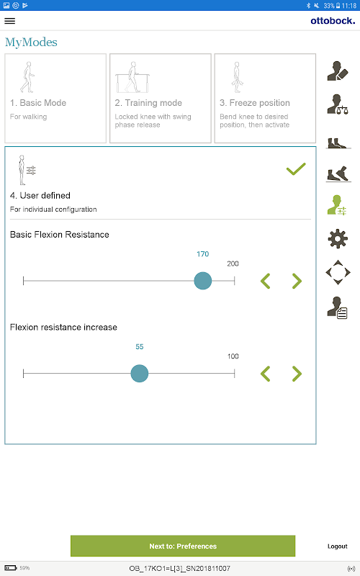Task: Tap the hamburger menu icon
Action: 10,21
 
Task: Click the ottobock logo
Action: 333,21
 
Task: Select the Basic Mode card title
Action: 38,103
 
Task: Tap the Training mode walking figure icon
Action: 132,77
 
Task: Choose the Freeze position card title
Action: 255,103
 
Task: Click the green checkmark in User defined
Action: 296,168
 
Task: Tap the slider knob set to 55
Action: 140,374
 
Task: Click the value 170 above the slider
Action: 203,254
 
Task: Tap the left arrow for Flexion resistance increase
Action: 265,374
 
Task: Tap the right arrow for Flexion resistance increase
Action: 297,374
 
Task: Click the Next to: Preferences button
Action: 183,546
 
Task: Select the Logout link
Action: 337,546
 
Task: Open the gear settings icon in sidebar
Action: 338,239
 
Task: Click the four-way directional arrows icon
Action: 338,273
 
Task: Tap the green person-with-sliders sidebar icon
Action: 337,205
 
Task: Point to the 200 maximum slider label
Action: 233,264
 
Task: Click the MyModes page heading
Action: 31,42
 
